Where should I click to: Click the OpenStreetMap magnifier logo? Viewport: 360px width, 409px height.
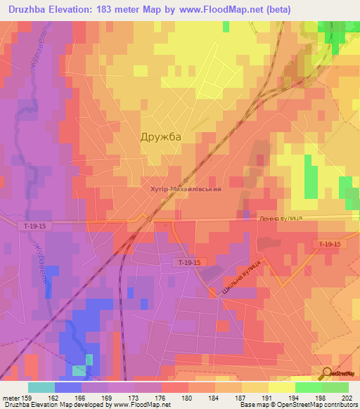(328, 373)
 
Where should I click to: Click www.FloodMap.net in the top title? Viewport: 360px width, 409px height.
(221, 9)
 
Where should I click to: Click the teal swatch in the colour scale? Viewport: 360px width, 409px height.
(41, 387)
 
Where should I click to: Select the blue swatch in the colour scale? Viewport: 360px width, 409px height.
(68, 387)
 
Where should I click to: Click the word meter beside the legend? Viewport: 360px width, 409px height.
(8, 398)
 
